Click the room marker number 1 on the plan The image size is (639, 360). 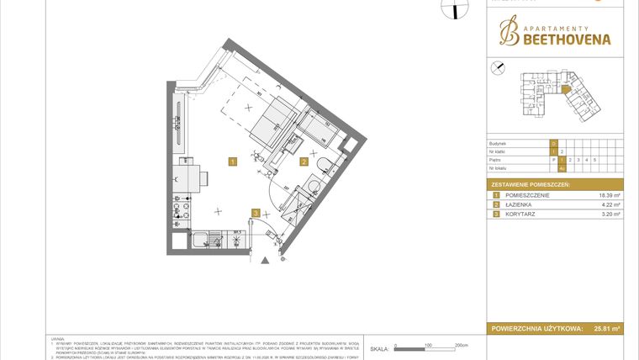(x=233, y=160)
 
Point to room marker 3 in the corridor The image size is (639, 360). (x=256, y=213)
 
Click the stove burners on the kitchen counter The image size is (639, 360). (x=179, y=209)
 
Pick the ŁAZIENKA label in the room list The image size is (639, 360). (x=519, y=204)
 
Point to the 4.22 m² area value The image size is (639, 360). (x=609, y=204)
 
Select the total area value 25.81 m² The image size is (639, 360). (x=606, y=329)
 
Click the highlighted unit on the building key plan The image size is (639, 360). (x=566, y=87)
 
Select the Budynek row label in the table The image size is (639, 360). (x=499, y=144)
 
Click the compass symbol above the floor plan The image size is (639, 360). (x=453, y=8)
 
